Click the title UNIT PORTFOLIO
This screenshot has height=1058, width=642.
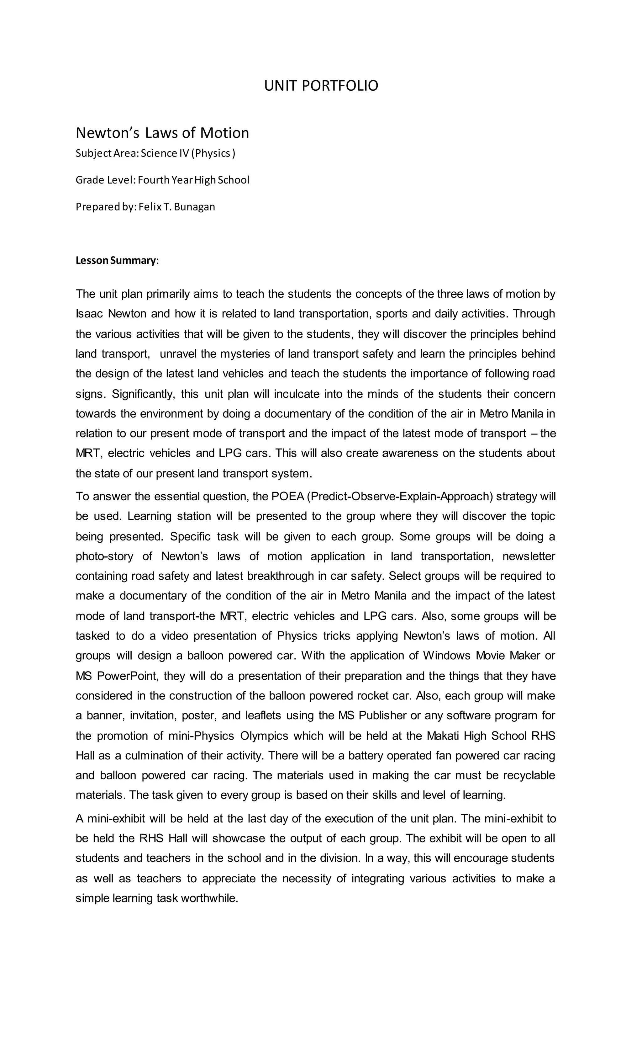click(321, 86)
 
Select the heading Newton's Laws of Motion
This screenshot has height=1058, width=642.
click(162, 133)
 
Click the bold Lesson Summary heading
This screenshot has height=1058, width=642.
click(116, 260)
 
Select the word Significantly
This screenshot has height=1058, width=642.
click(143, 394)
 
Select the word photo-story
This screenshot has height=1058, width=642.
click(104, 556)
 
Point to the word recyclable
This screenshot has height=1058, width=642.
click(529, 775)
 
